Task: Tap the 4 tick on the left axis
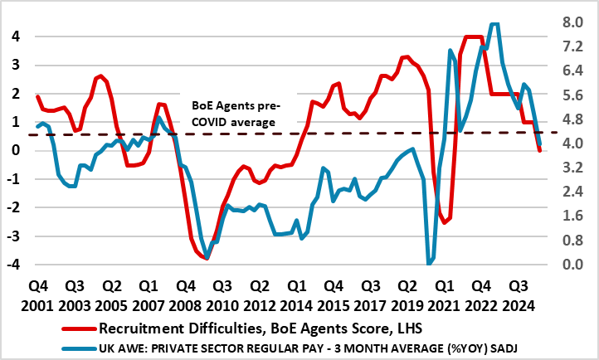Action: click(15, 36)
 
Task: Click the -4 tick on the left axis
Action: click(12, 265)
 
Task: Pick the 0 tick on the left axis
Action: click(15, 150)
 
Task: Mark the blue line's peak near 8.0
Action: click(495, 24)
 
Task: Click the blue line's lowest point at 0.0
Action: click(429, 264)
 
